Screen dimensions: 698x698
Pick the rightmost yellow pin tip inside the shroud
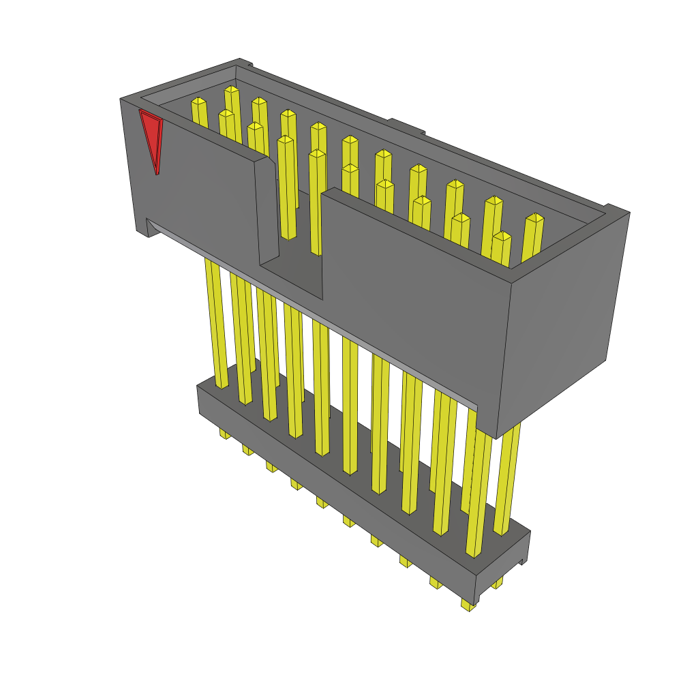click(x=535, y=218)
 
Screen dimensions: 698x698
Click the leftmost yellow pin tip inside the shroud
click(x=198, y=102)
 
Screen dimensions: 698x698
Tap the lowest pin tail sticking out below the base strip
click(x=468, y=605)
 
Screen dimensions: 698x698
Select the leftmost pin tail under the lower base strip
click(x=225, y=434)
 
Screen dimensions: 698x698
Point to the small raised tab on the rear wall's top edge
click(x=406, y=127)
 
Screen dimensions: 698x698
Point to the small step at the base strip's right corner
click(x=522, y=562)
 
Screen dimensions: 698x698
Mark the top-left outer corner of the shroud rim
click(x=122, y=100)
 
